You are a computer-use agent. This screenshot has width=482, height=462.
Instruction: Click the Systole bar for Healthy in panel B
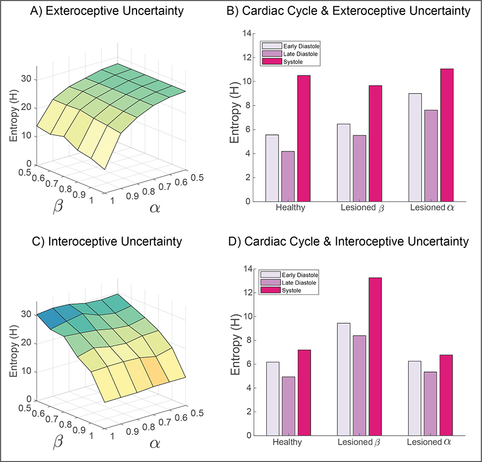tap(304, 139)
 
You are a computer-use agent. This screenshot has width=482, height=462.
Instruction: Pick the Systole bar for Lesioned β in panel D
tap(374, 357)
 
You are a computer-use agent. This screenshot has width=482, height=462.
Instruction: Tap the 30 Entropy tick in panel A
tap(28, 79)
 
